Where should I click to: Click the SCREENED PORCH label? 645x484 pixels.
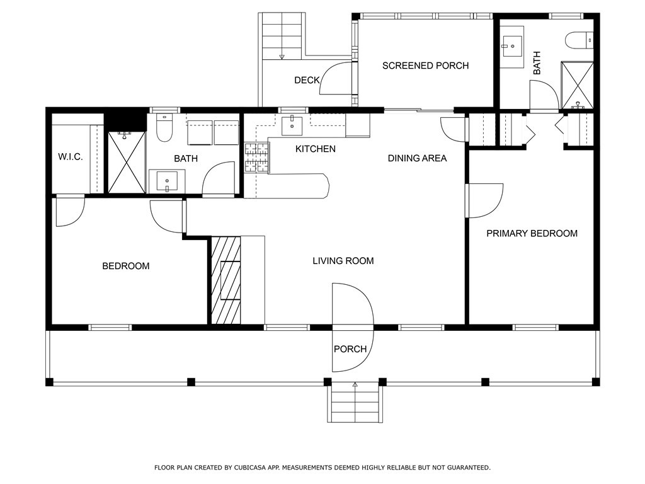click(425, 66)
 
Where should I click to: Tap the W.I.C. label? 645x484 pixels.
click(71, 157)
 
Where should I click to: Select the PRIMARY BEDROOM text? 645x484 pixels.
click(532, 233)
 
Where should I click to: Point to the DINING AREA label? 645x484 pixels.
click(417, 158)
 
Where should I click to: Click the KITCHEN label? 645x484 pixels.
click(316, 149)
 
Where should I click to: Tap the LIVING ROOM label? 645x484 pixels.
click(343, 260)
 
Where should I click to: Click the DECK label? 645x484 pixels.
click(307, 80)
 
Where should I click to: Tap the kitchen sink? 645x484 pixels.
click(292, 126)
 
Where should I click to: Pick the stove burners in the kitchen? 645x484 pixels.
click(256, 157)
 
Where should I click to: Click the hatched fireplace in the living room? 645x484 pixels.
click(226, 280)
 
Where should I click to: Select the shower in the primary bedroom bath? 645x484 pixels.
click(578, 86)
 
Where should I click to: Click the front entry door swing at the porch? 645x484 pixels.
click(353, 327)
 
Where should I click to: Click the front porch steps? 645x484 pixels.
click(355, 404)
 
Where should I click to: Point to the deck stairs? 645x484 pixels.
click(282, 36)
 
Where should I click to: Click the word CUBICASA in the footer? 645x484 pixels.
click(249, 468)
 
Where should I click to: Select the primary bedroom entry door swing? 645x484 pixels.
click(484, 200)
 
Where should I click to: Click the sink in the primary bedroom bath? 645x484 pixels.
click(511, 46)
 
